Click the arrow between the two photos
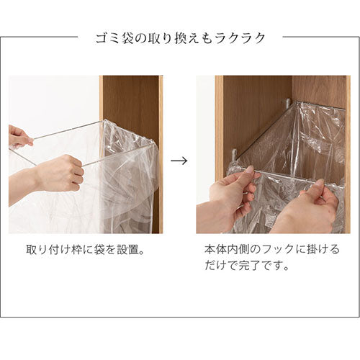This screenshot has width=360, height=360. (x=179, y=161)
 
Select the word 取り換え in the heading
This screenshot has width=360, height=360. (x=172, y=38)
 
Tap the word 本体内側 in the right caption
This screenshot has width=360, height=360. (x=227, y=249)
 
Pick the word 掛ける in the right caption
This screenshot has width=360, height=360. (x=323, y=249)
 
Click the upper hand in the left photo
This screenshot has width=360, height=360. (x=20, y=136)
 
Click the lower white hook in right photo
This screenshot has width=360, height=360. (x=235, y=155)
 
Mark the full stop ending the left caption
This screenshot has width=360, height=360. (x=142, y=253)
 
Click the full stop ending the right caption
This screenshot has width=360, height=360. (x=286, y=269)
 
